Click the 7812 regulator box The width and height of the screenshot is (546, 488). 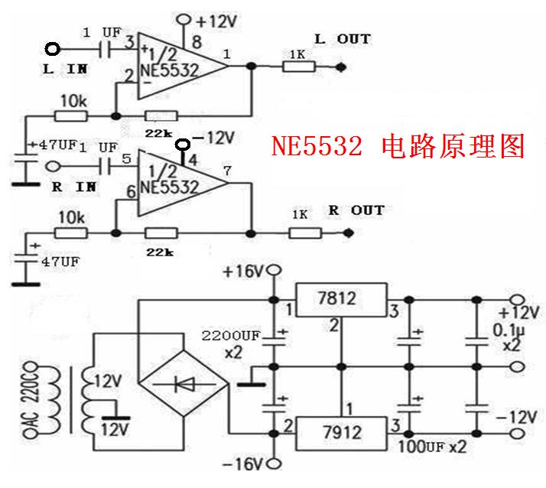click(x=341, y=300)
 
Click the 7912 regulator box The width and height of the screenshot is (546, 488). click(x=341, y=434)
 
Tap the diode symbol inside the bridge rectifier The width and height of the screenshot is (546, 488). click(x=184, y=384)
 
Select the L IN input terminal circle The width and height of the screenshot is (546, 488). click(x=53, y=49)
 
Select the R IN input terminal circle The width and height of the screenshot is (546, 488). click(x=53, y=167)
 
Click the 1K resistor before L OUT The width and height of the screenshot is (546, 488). click(x=299, y=67)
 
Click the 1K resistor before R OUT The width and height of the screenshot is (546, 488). click(x=305, y=233)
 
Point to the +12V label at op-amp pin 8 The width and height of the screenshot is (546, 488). click(x=216, y=21)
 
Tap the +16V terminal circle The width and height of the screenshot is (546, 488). click(x=275, y=269)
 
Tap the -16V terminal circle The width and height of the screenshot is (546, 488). click(x=275, y=464)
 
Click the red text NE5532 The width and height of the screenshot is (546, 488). click(x=317, y=145)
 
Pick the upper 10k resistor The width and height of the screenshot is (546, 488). click(x=70, y=116)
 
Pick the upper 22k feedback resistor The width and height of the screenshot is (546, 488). click(x=161, y=116)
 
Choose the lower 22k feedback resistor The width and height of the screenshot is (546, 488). click(x=161, y=233)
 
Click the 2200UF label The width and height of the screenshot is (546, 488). click(x=231, y=336)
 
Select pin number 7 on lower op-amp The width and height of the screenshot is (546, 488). click(x=227, y=171)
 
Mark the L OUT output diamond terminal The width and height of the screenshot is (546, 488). click(x=341, y=67)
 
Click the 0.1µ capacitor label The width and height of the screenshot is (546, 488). click(x=509, y=330)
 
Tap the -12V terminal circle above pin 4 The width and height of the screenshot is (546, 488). click(x=183, y=145)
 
